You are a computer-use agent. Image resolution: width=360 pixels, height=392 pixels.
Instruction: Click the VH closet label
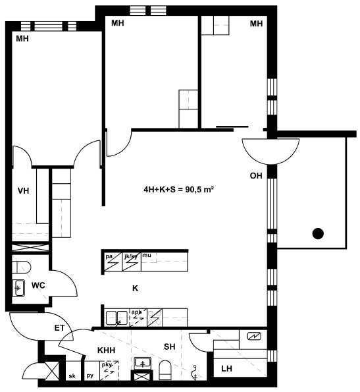click(23, 191)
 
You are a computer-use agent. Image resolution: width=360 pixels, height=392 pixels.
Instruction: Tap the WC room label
click(38, 285)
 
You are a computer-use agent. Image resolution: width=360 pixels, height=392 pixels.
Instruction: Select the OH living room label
click(256, 176)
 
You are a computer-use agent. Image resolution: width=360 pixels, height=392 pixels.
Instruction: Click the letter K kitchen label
click(135, 289)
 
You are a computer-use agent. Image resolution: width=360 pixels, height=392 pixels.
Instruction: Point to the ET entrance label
click(59, 327)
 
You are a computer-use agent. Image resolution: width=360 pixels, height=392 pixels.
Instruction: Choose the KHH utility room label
click(107, 350)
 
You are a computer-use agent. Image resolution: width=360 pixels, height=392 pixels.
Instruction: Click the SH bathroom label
click(169, 347)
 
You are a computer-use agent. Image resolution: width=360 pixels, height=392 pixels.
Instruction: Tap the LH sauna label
click(226, 368)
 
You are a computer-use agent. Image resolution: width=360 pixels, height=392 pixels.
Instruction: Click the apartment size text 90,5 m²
click(199, 190)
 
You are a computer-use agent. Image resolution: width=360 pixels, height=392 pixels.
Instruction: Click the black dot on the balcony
click(318, 233)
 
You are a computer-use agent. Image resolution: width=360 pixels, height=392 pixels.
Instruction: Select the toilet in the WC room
click(22, 267)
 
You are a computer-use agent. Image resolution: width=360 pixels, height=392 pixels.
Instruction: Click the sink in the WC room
click(18, 288)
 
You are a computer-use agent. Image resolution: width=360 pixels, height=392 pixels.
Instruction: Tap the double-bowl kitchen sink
click(116, 318)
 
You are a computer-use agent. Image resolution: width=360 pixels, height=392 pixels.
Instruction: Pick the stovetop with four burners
click(155, 318)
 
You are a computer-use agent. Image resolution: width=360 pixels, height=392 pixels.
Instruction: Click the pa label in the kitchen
click(109, 256)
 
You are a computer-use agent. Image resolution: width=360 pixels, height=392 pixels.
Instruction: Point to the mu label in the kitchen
click(147, 255)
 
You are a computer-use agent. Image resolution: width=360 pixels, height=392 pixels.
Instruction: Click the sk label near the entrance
click(72, 376)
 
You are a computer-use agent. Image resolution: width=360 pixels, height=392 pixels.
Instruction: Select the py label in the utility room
click(90, 376)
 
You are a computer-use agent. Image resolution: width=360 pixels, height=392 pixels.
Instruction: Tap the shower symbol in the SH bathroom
click(194, 372)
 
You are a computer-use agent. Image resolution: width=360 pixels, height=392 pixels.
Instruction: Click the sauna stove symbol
click(254, 336)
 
